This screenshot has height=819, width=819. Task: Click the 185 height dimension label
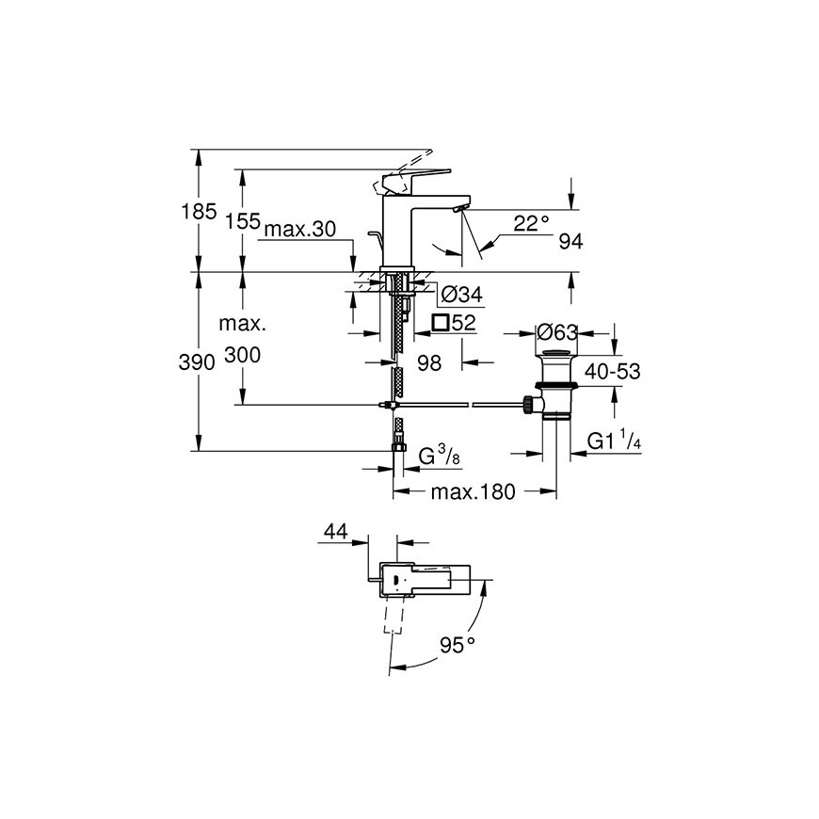[199, 212]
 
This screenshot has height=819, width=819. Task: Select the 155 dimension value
[242, 221]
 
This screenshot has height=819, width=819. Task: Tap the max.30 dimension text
[300, 230]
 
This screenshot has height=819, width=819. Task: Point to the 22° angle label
[531, 223]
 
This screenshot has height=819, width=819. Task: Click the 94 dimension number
[570, 241]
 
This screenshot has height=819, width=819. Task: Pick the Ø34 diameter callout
[461, 295]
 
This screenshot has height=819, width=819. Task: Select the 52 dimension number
[464, 323]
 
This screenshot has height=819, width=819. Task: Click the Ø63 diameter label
[557, 332]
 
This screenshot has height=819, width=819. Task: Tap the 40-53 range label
[612, 371]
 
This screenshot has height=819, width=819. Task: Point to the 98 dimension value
[429, 363]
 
